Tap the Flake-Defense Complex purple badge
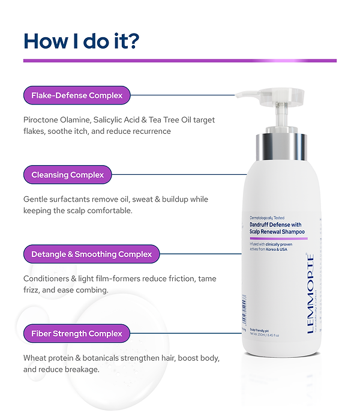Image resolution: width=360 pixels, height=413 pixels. coord(77,95)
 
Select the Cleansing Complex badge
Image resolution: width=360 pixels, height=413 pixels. coord(67,175)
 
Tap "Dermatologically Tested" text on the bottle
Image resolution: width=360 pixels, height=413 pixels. coord(267,217)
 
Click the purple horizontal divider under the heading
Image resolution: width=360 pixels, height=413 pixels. coord(179,61)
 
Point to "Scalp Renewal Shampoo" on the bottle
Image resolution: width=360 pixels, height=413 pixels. coord(277,231)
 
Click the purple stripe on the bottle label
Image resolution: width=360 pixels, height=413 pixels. coord(278,238)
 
